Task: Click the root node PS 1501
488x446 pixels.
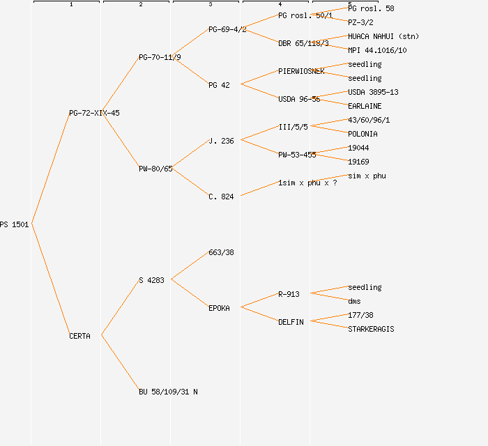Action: click(x=15, y=224)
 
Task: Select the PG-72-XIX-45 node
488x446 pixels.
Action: click(x=94, y=113)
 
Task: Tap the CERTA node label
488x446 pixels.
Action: click(x=79, y=336)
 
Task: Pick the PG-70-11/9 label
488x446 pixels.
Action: click(x=160, y=57)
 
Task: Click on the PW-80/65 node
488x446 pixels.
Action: click(x=155, y=169)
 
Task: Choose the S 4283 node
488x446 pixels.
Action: click(x=151, y=280)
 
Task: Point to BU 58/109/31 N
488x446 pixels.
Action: click(x=168, y=392)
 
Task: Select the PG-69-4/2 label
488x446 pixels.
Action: click(x=227, y=29)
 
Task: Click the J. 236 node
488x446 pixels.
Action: click(x=221, y=141)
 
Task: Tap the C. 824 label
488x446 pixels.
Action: click(x=221, y=197)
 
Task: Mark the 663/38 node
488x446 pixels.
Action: click(x=221, y=252)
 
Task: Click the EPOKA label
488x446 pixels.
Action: click(x=219, y=308)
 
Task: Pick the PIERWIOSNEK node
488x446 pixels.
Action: click(x=301, y=71)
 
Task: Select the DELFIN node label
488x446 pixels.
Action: click(x=291, y=322)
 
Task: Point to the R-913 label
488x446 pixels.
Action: click(x=289, y=294)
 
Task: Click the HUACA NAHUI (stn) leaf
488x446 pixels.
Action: click(x=383, y=36)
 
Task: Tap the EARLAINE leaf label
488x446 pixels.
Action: click(x=365, y=106)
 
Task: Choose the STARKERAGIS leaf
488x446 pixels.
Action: click(x=371, y=329)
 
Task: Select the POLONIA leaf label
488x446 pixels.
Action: click(x=363, y=134)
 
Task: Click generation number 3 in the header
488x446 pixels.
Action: click(x=211, y=5)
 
